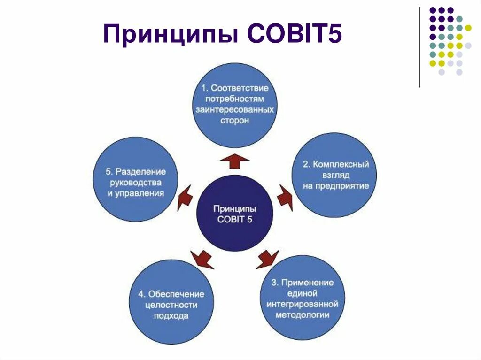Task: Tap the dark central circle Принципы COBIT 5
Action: click(234, 214)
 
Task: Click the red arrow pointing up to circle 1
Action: click(235, 161)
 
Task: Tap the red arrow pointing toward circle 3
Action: click(267, 259)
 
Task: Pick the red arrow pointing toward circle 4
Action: click(202, 259)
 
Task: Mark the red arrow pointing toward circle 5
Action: click(185, 197)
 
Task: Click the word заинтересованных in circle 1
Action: click(235, 109)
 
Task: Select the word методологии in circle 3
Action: click(303, 315)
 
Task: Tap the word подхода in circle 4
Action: click(171, 316)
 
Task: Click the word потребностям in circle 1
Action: click(235, 99)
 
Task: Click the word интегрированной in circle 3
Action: click(303, 304)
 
